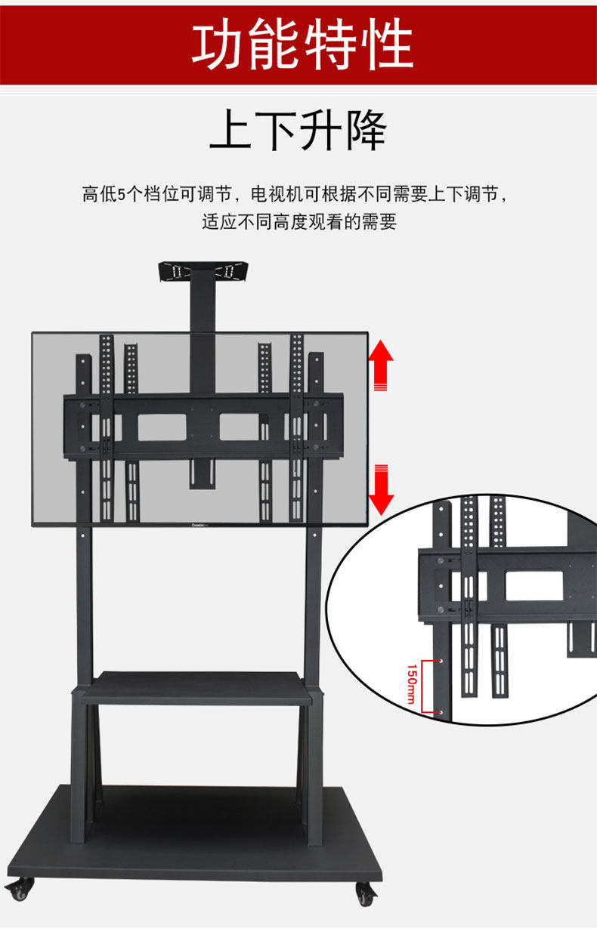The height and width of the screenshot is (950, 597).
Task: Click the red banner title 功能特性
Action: (x=302, y=43)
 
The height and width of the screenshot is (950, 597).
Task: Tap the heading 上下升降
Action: (x=298, y=130)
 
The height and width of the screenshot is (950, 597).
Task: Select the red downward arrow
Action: (x=382, y=489)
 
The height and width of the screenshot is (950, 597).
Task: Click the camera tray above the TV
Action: (x=205, y=272)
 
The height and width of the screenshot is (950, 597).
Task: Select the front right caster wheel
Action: (x=366, y=896)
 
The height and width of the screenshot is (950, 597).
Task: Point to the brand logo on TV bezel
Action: (x=199, y=521)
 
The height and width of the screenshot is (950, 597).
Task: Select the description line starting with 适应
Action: (x=298, y=222)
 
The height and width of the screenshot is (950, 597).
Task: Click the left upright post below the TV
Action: (x=83, y=604)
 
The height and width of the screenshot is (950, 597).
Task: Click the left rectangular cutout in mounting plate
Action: (x=162, y=427)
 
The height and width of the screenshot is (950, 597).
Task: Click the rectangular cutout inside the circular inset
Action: (x=534, y=584)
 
